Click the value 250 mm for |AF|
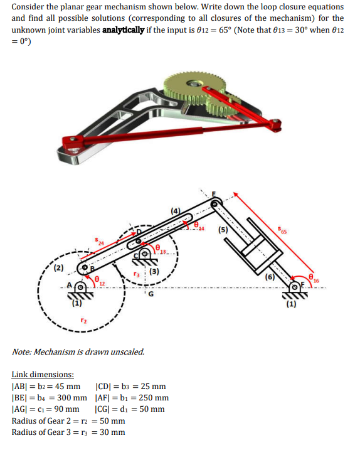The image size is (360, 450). pos(152,397)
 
